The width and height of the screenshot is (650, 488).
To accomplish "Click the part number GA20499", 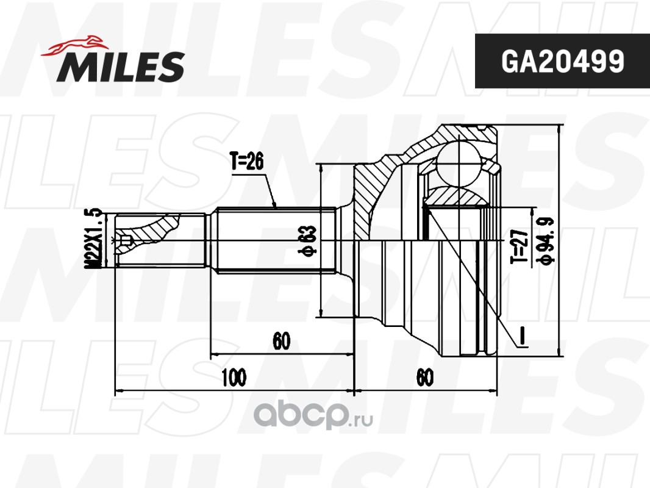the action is [x=563, y=62].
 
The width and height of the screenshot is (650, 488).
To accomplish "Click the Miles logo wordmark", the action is [x=121, y=66].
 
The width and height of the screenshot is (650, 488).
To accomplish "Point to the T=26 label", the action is [x=247, y=161].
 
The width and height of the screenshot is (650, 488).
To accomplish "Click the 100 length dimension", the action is [x=234, y=377].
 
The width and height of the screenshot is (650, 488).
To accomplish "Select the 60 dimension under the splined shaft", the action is [x=282, y=341].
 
